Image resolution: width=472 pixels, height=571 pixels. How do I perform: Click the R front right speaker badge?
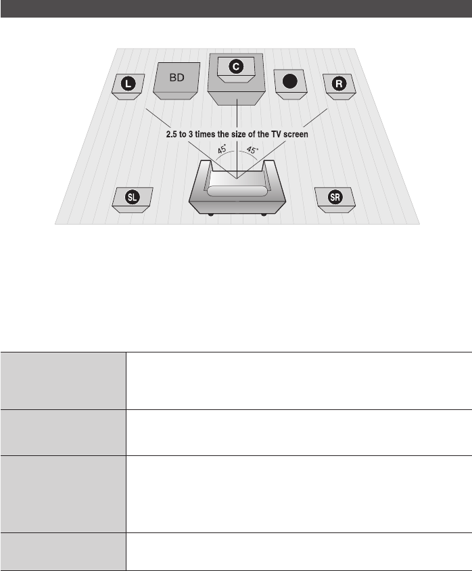[338, 84]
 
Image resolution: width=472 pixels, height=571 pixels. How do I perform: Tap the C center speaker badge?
[235, 66]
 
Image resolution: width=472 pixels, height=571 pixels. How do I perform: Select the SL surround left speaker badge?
[134, 197]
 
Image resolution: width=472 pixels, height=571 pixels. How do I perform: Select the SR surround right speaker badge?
[334, 197]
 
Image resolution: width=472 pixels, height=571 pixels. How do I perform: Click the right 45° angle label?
[251, 150]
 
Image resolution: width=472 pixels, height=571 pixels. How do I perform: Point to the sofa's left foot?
[212, 215]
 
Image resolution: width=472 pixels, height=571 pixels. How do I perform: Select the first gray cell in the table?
[63, 380]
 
